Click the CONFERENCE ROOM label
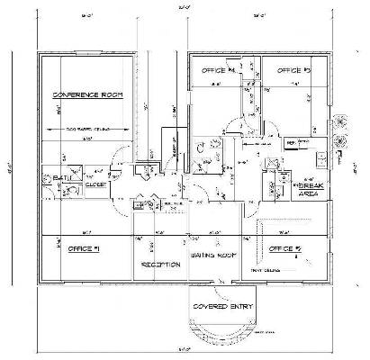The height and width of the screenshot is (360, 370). coord(87,94)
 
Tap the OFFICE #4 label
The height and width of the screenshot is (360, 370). coord(220,69)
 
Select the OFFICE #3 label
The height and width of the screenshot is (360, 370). coord(293,69)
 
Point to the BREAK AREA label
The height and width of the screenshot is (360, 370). coord(311,184)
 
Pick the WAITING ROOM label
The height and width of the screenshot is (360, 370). coord(212,256)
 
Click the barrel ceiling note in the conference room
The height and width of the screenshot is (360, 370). coord(87,130)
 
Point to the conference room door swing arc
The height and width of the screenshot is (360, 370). coord(114,167)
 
